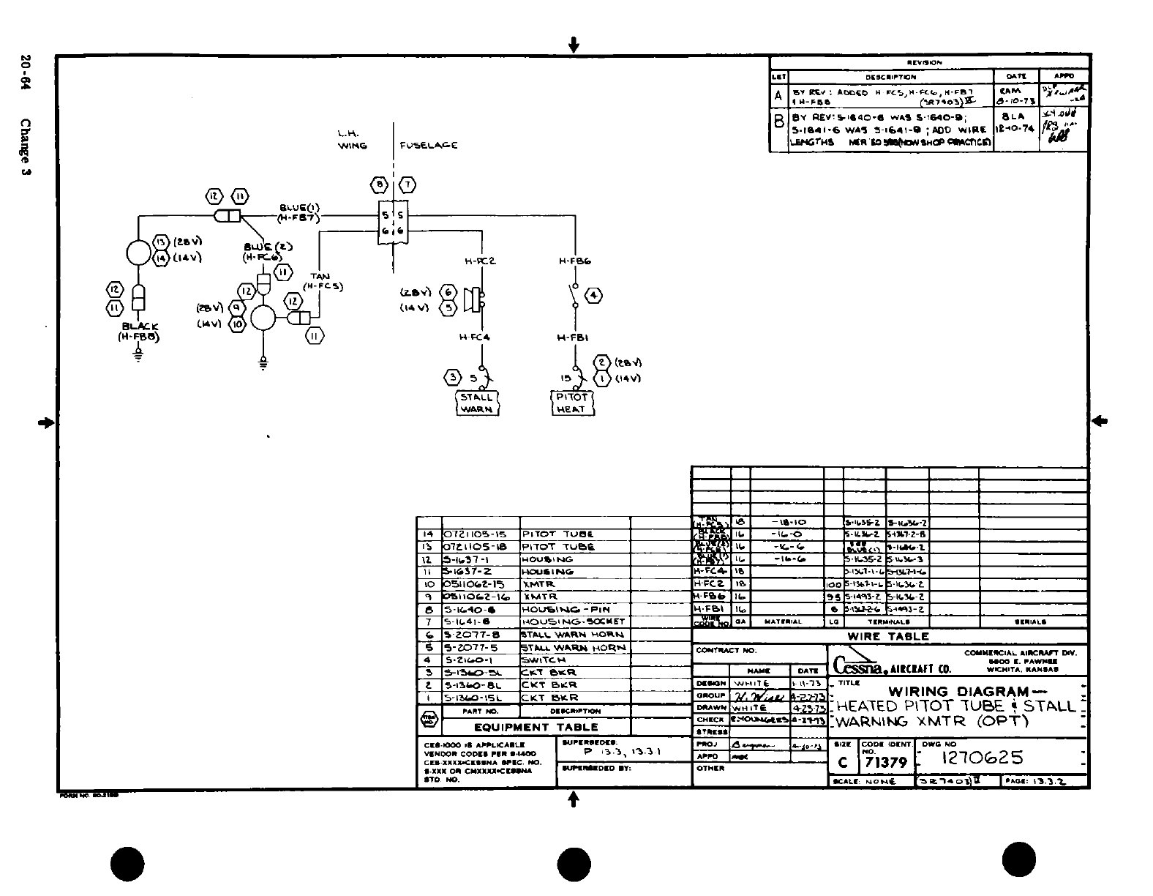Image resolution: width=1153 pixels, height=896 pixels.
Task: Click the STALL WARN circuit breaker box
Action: (477, 403)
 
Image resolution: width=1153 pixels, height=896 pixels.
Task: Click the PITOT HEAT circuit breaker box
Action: (571, 403)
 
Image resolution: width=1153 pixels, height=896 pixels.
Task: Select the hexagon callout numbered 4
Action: (595, 295)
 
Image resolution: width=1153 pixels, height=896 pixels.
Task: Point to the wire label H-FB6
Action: (574, 261)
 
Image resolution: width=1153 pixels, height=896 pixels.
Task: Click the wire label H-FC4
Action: (474, 337)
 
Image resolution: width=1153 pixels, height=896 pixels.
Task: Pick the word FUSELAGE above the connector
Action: (429, 145)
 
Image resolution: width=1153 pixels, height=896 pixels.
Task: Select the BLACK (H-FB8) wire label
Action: (138, 332)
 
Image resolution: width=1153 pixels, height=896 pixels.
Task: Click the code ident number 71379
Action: (886, 763)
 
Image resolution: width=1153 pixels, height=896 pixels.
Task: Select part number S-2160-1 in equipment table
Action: (468, 660)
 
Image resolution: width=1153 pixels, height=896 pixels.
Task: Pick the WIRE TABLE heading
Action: (887, 637)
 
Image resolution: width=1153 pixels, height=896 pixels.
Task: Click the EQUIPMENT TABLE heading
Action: (536, 727)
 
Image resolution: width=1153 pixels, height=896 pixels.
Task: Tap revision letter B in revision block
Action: (778, 120)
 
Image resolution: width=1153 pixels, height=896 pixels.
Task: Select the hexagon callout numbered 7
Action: (407, 183)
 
